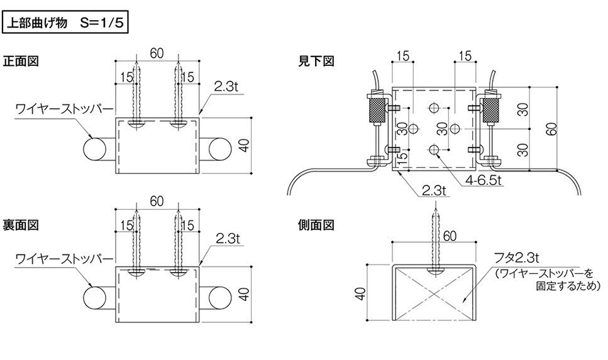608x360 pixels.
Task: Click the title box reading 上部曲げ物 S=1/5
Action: (x=65, y=23)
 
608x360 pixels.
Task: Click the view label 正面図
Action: (x=21, y=61)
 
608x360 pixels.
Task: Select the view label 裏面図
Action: (x=21, y=225)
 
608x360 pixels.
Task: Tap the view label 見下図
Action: (x=316, y=61)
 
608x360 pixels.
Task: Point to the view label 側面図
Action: (x=316, y=225)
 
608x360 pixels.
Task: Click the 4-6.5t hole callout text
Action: (x=484, y=180)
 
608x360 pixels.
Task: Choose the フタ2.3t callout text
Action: (x=516, y=258)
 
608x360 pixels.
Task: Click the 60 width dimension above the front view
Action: (x=157, y=53)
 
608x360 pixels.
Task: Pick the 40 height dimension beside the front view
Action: (x=244, y=145)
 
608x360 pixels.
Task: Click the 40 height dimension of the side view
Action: (x=360, y=293)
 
